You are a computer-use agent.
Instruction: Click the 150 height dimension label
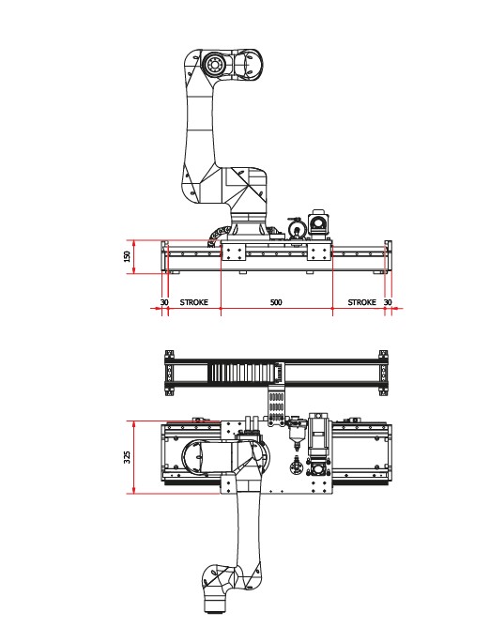pyautogui.click(x=128, y=256)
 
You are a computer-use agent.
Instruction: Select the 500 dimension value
pyautogui.click(x=276, y=302)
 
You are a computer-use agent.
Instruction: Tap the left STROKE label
pyautogui.click(x=194, y=302)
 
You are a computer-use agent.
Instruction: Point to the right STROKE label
pyautogui.click(x=362, y=302)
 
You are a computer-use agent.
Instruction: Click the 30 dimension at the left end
pyautogui.click(x=164, y=302)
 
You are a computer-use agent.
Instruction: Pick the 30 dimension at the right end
pyautogui.click(x=388, y=302)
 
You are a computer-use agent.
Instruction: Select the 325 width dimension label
pyautogui.click(x=128, y=457)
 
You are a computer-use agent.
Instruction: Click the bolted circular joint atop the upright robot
pyautogui.click(x=213, y=64)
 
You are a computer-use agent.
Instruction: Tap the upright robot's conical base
pyautogui.click(x=248, y=227)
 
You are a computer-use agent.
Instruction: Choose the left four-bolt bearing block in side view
pyautogui.click(x=233, y=252)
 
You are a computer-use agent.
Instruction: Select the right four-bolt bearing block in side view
pyautogui.click(x=319, y=252)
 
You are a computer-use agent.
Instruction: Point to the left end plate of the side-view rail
pyautogui.click(x=164, y=257)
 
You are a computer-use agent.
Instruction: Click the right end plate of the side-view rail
pyautogui.click(x=388, y=257)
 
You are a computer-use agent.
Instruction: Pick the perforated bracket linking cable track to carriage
pyautogui.click(x=277, y=408)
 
